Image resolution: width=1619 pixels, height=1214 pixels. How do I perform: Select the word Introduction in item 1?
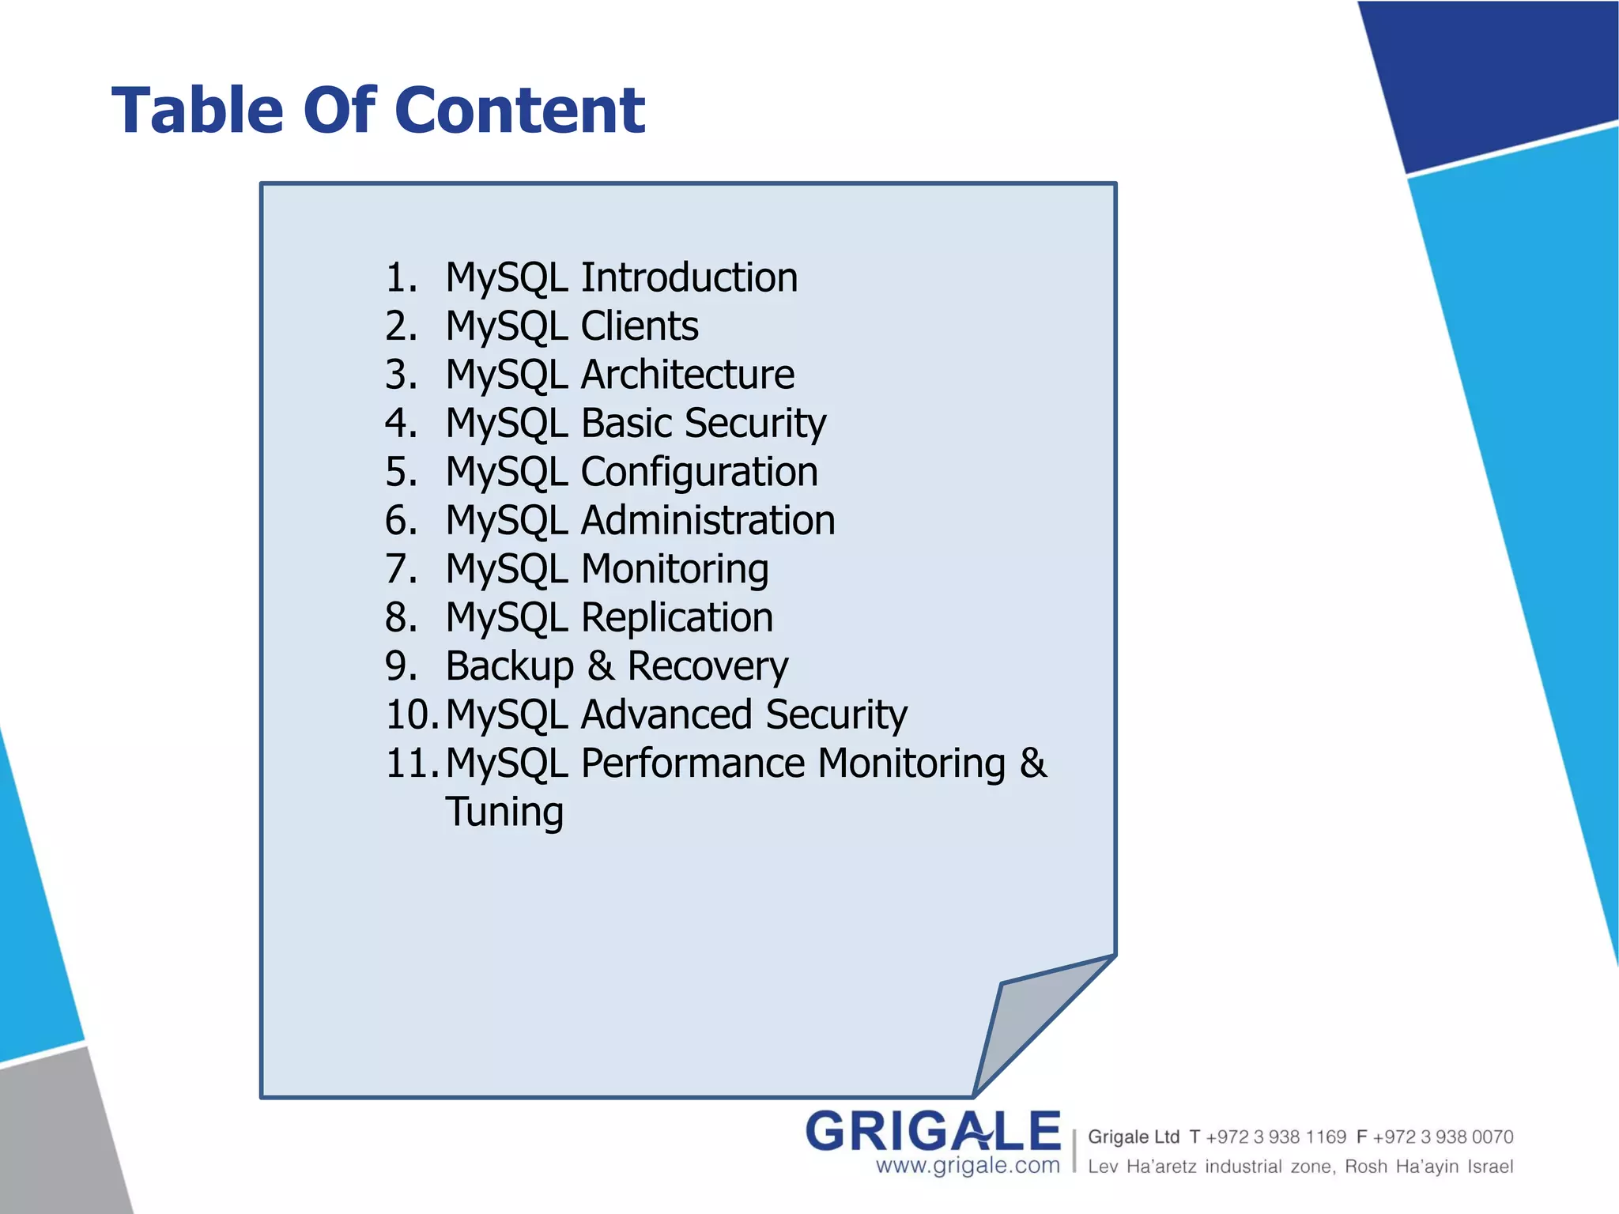[689, 277]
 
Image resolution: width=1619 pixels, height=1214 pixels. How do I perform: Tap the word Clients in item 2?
[640, 326]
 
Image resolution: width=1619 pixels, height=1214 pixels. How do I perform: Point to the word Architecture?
[688, 375]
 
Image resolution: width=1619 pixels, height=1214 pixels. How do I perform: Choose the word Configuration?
[700, 473]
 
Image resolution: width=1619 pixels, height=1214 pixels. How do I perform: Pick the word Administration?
[708, 521]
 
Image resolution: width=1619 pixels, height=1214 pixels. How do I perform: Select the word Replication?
[677, 618]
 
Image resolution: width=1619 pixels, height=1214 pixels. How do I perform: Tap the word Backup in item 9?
[509, 666]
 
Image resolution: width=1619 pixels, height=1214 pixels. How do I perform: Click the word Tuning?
[504, 812]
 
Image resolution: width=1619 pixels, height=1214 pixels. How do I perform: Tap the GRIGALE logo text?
[933, 1131]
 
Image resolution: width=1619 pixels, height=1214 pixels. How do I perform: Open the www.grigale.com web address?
[968, 1166]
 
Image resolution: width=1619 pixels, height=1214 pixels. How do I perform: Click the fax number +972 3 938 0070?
[1443, 1137]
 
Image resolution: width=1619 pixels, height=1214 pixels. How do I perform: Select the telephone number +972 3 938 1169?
[1275, 1137]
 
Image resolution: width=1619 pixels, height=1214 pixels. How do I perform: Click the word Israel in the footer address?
[1490, 1167]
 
